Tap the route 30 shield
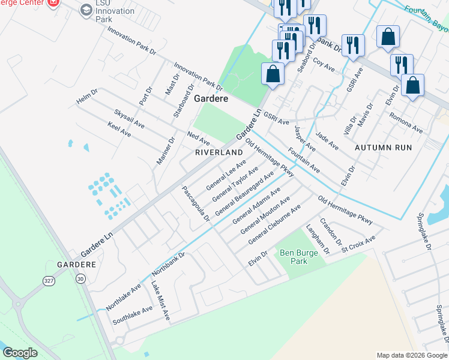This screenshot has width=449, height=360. point(80,278)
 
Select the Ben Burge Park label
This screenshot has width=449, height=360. point(295,257)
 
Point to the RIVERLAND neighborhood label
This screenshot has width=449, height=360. point(218,153)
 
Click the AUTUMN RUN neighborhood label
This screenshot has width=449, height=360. point(383,147)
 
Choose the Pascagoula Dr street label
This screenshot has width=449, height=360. point(196,204)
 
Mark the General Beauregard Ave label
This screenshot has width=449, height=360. point(244,193)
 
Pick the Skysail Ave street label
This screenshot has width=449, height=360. point(129,119)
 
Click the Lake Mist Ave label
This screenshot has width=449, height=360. point(160,302)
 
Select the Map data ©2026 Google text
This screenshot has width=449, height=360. point(411,355)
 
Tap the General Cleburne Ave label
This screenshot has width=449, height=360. point(274,224)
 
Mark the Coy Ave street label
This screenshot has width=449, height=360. point(324,65)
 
